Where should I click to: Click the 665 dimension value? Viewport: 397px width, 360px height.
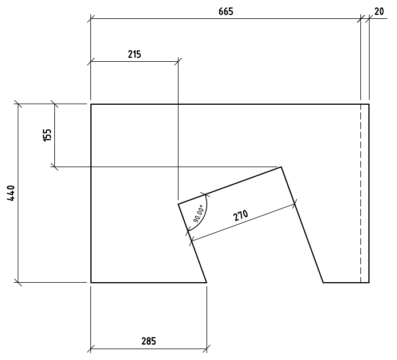coord(226,11)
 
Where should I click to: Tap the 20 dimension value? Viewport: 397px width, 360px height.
coord(379,11)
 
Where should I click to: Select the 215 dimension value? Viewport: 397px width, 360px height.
coord(134,54)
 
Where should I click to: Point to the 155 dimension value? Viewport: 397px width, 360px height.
coord(47,135)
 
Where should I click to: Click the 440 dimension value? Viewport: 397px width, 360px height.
coord(11,193)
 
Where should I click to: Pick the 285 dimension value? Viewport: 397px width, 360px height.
coord(148,341)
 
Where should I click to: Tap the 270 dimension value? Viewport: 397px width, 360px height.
coord(241,216)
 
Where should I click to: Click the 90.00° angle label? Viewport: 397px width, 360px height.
coord(198,213)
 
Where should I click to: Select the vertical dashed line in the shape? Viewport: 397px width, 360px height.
coord(361,195)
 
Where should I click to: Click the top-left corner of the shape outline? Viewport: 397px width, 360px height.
coord(91,104)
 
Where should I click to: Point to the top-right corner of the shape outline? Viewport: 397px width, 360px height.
coord(369,104)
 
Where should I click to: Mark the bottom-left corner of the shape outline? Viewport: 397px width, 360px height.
coord(91,282)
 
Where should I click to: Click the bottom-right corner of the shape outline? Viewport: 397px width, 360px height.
coord(369,282)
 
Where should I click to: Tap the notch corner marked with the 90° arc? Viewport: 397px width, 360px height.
coord(178,204)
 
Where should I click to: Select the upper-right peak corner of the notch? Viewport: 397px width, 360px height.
coord(281,167)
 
